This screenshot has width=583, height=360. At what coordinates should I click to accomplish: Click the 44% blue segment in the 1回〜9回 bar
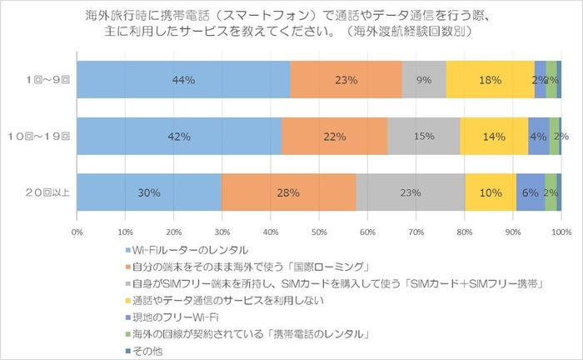pyautogui.click(x=183, y=80)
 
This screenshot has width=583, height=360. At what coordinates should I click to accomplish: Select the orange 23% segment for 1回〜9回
pyautogui.click(x=346, y=80)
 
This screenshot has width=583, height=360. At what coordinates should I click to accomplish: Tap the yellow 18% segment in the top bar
pyautogui.click(x=490, y=80)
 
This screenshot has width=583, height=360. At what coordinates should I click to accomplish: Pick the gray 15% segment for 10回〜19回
pyautogui.click(x=424, y=136)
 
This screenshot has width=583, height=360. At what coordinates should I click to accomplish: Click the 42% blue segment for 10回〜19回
pyautogui.click(x=179, y=136)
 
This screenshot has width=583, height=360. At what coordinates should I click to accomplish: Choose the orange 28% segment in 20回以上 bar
pyautogui.click(x=288, y=192)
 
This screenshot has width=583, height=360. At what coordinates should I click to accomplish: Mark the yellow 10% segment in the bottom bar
pyautogui.click(x=490, y=192)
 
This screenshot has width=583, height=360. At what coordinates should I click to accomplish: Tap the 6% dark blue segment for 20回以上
pyautogui.click(x=531, y=192)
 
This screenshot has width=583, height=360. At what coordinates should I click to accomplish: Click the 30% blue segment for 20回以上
pyautogui.click(x=149, y=192)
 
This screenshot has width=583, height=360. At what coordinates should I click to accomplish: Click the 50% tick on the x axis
pyautogui.click(x=319, y=232)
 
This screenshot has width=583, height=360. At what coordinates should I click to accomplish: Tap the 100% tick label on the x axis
pyautogui.click(x=561, y=232)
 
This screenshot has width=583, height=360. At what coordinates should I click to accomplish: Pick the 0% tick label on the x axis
pyautogui.click(x=77, y=232)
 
